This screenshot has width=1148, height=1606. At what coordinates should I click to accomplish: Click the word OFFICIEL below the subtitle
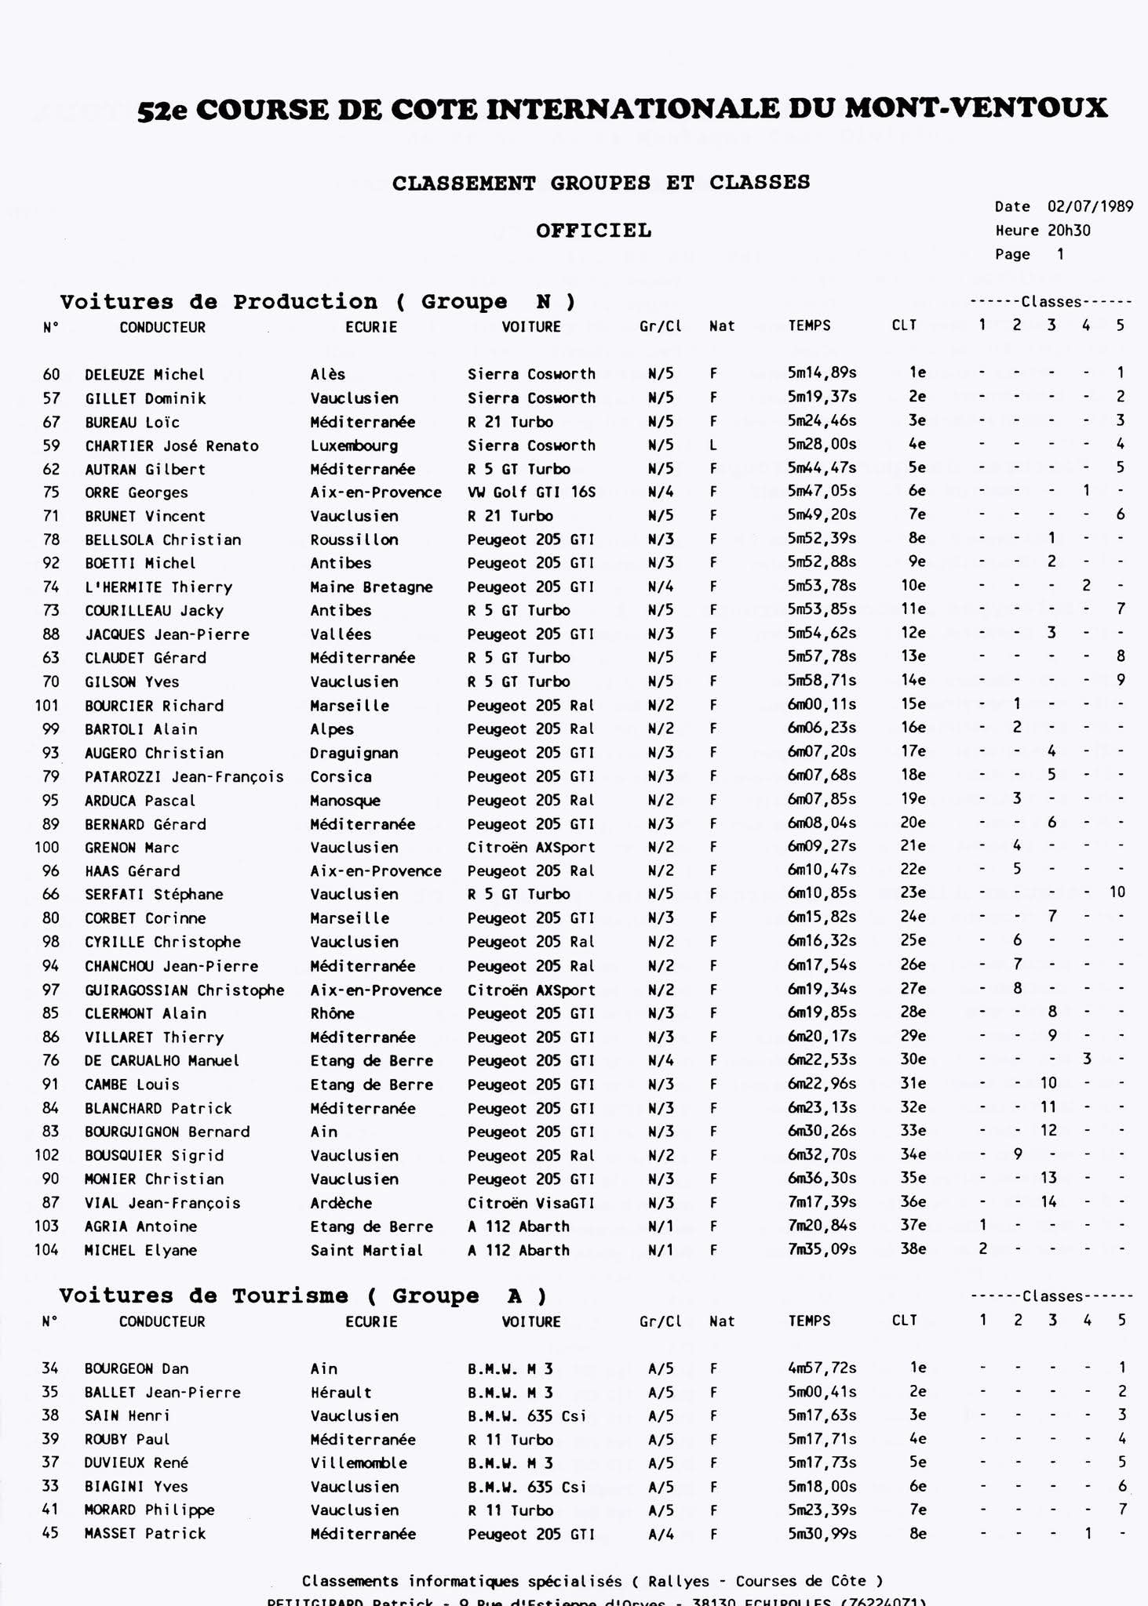[593, 231]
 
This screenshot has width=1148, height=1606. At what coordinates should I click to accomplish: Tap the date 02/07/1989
[1090, 206]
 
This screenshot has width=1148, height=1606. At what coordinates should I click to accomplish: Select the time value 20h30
[1069, 231]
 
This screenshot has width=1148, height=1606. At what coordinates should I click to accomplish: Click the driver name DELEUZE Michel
[144, 375]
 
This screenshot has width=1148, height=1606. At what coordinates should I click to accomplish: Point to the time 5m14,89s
[822, 373]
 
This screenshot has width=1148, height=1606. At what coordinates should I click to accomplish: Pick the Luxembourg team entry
[354, 445]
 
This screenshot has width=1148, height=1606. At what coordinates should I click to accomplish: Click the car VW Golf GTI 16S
[531, 492]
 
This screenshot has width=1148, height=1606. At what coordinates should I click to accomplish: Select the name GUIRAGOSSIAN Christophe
[184, 990]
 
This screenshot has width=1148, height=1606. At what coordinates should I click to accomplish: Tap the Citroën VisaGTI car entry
[531, 1202]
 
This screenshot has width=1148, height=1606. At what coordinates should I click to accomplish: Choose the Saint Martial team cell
[366, 1250]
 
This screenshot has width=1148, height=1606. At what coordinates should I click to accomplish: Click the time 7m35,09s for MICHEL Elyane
[822, 1249]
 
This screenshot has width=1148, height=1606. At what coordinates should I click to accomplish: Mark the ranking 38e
[913, 1248]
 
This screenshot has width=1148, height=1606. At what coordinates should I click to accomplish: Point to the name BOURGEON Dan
[137, 1368]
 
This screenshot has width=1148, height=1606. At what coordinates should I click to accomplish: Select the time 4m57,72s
[822, 1368]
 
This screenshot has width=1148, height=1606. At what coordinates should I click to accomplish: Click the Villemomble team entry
[359, 1462]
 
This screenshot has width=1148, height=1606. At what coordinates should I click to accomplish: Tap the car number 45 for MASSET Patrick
[50, 1533]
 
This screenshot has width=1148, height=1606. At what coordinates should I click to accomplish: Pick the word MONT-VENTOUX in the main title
[976, 108]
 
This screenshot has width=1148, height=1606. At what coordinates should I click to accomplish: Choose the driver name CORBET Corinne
[145, 918]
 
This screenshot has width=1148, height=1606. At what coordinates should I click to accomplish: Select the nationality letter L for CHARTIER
[713, 445]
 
